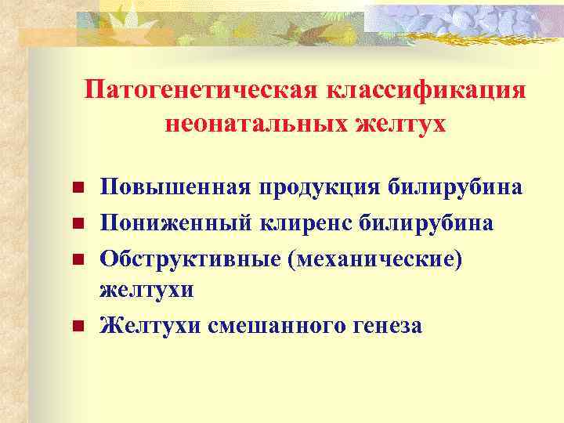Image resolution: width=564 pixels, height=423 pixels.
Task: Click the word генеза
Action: coord(385,324)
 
